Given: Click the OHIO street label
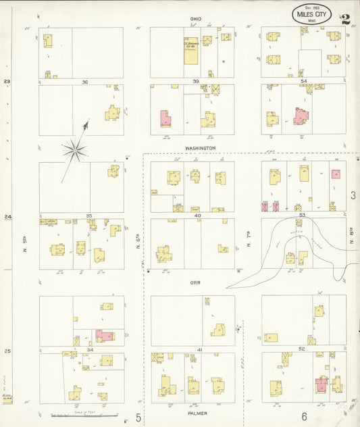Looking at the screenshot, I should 195,19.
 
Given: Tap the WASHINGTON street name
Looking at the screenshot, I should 200,147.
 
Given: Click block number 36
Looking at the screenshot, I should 85,82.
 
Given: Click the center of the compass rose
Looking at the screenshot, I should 74,150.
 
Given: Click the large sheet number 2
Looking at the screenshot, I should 346,19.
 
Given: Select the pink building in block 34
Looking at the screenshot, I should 103,335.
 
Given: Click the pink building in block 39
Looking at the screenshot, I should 165,118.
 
